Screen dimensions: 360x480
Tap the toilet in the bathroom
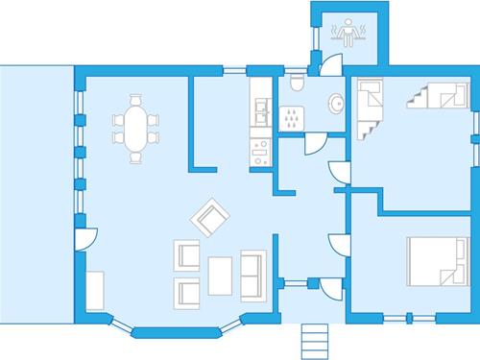click(296, 86)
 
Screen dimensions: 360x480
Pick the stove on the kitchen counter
click(259, 151)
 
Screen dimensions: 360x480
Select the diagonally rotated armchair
click(209, 216)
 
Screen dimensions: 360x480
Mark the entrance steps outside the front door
click(314, 339)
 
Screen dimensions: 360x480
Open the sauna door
click(327, 63)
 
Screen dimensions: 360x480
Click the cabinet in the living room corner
click(94, 290)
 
